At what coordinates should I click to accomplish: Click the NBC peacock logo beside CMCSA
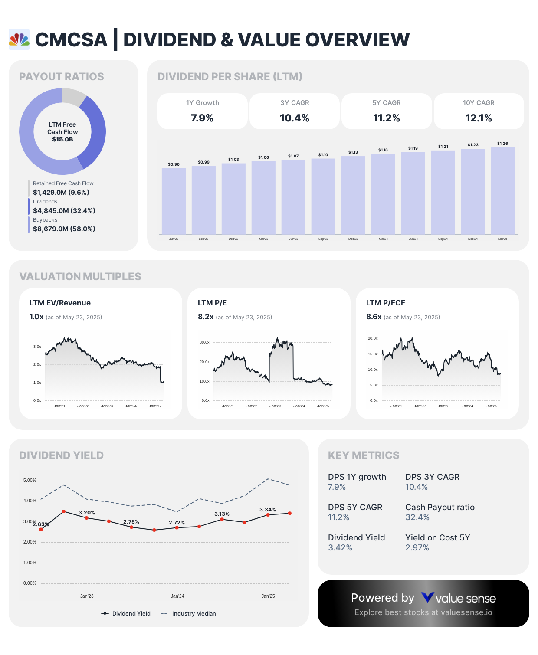click(19, 39)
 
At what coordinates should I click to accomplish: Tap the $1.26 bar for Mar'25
click(502, 191)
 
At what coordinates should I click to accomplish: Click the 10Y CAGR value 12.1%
click(479, 118)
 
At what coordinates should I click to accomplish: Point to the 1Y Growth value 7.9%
click(202, 118)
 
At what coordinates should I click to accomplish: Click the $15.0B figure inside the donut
click(62, 139)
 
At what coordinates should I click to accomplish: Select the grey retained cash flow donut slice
click(73, 96)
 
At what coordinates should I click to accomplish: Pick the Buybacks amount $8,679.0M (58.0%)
click(64, 229)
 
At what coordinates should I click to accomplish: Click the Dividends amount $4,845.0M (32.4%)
click(64, 210)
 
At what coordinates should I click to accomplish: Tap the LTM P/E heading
click(212, 303)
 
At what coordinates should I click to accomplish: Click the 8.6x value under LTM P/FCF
click(374, 317)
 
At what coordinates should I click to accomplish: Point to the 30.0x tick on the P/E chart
click(204, 342)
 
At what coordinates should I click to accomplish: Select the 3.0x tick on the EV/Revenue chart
click(37, 347)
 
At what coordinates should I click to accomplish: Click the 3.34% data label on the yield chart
click(268, 510)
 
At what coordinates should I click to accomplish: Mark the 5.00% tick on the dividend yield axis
click(30, 480)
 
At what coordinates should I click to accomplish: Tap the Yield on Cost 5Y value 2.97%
click(417, 547)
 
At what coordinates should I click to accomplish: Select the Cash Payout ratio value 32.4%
click(417, 517)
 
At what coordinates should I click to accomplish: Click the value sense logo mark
click(427, 598)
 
